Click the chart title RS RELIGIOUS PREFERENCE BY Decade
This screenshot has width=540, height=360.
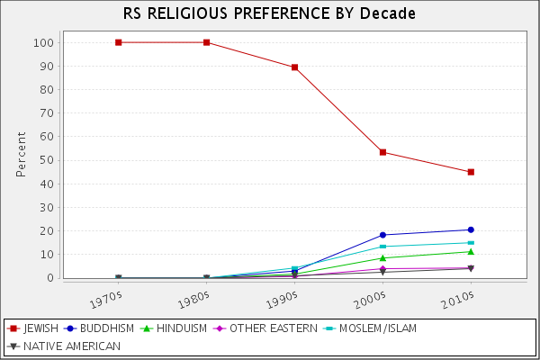click(270, 14)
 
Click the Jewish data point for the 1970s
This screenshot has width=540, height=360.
click(119, 42)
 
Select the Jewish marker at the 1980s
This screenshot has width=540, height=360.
click(206, 42)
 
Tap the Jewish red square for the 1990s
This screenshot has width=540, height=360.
click(294, 67)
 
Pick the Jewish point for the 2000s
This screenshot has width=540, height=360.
click(382, 152)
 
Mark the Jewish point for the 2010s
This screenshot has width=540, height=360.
click(471, 172)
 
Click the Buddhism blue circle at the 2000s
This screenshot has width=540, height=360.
click(382, 235)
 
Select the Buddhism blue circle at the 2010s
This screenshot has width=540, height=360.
click(471, 229)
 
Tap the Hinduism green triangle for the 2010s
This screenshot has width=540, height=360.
click(471, 251)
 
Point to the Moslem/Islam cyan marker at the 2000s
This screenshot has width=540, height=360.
click(382, 247)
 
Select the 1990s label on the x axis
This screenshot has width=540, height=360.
click(285, 294)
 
